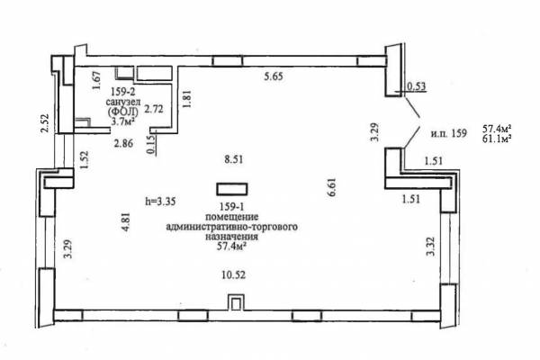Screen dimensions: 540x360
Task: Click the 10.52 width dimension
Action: [233, 274]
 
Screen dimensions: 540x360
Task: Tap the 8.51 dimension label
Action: [234, 159]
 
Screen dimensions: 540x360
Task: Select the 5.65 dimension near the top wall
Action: [274, 76]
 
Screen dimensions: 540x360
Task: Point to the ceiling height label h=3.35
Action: [160, 201]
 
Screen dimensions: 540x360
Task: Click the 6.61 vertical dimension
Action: [332, 187]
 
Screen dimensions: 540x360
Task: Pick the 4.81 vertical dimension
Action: [126, 221]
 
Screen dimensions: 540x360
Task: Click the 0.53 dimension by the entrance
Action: [417, 86]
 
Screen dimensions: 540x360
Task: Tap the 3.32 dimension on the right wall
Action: [431, 247]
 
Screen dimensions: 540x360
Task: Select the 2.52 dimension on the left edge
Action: [45, 123]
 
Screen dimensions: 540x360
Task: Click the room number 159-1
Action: [232, 207]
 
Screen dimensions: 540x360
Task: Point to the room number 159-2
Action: [123, 92]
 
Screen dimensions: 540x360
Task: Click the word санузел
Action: [123, 102]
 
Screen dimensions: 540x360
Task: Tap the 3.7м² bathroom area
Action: [123, 121]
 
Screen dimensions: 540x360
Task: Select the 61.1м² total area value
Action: [496, 138]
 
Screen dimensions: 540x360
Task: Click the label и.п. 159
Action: [449, 133]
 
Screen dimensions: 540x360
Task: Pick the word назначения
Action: [232, 237]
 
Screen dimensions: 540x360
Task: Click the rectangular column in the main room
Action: [232, 189]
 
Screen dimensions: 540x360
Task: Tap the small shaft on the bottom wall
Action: [236, 302]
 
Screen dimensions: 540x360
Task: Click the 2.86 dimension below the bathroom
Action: [123, 143]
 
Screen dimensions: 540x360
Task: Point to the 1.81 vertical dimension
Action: [187, 99]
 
